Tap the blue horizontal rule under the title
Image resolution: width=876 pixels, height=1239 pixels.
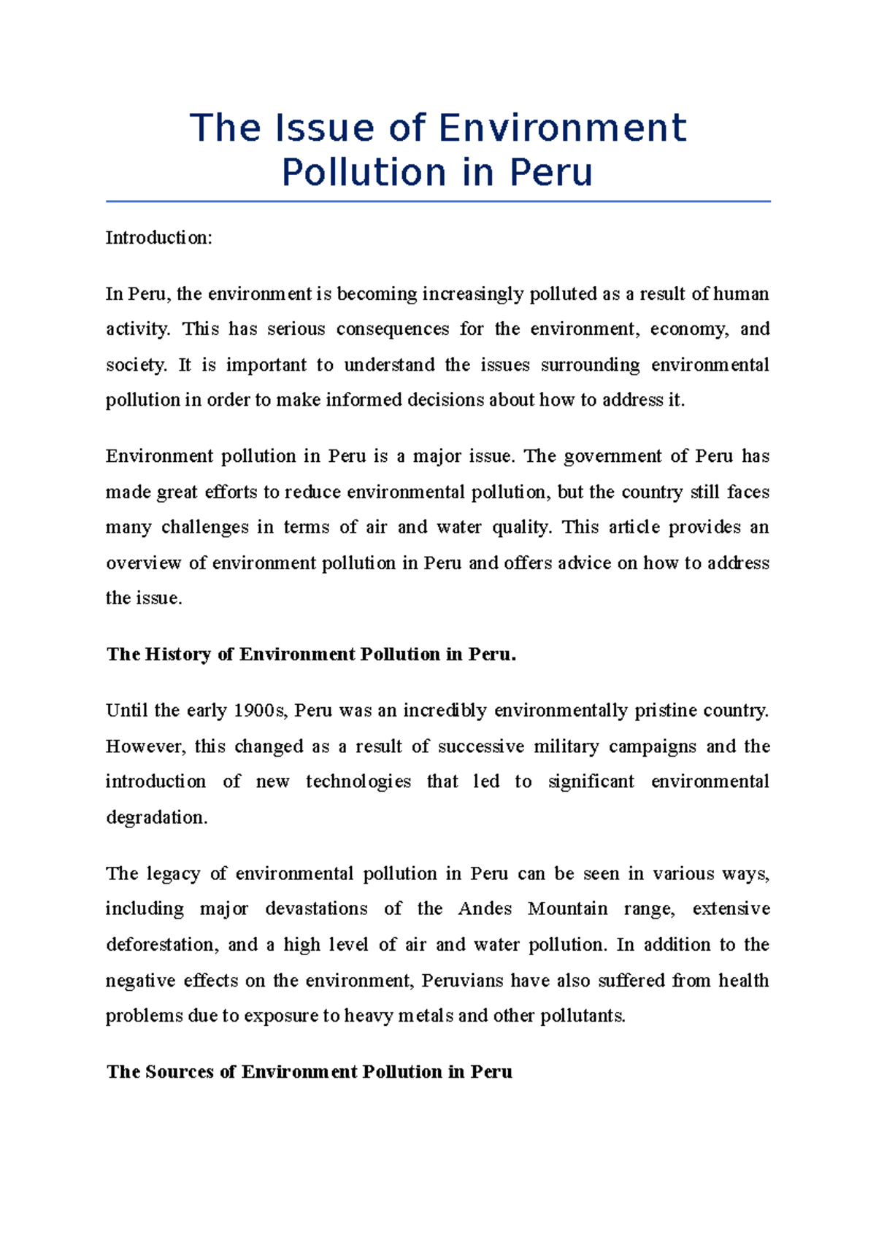tap(438, 201)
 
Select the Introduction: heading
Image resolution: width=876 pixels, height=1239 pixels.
tap(158, 238)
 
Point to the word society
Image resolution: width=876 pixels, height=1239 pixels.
tap(137, 365)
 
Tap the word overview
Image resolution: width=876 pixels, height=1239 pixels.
tap(143, 563)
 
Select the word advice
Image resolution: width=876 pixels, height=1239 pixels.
tap(584, 563)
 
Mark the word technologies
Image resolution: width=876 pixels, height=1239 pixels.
tap(358, 781)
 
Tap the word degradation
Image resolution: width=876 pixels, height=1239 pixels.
tap(156, 817)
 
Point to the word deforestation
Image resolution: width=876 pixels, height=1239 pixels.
tap(161, 945)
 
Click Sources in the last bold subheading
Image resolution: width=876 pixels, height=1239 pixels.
tap(180, 1072)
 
